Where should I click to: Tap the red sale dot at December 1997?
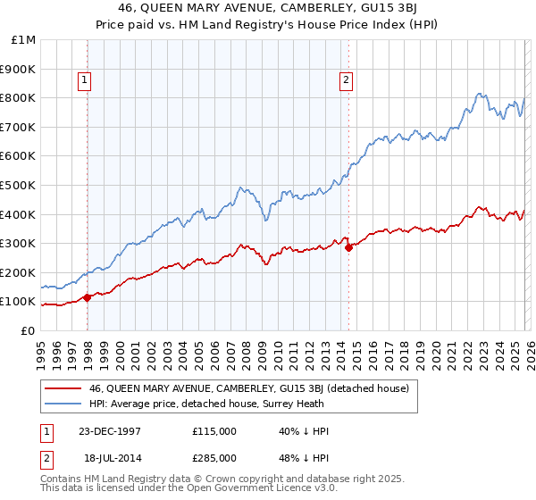pyautogui.click(x=88, y=297)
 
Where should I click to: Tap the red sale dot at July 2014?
pyautogui.click(x=348, y=247)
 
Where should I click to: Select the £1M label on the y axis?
pyautogui.click(x=23, y=39)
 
